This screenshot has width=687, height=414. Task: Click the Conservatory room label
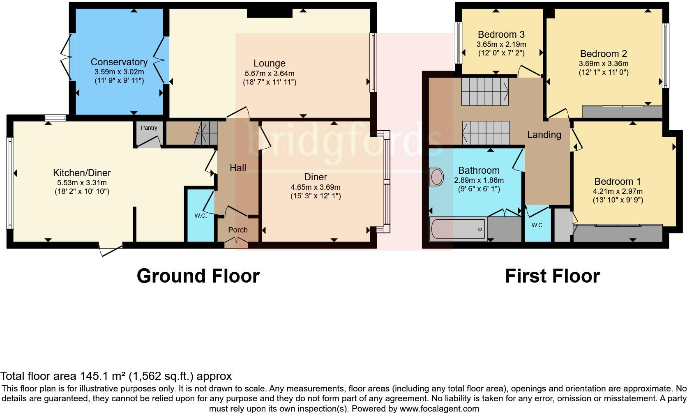point(119,62)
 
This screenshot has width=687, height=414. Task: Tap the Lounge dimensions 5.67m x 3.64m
point(269,73)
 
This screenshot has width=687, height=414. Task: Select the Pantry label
point(149,128)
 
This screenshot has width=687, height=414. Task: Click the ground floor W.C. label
point(201,216)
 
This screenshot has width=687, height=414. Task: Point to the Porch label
point(238,230)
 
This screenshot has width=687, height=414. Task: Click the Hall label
point(238,168)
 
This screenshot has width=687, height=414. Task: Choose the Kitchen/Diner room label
point(82,173)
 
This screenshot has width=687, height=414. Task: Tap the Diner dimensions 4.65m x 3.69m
point(315,187)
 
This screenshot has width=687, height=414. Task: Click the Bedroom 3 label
point(501,34)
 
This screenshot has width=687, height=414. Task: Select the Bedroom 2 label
point(603,54)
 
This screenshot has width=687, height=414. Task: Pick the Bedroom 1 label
point(617,182)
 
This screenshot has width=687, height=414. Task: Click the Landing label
point(544,135)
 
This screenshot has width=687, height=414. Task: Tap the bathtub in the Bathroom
point(457,229)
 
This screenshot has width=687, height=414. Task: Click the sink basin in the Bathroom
point(436,177)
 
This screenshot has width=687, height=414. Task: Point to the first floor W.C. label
point(537,225)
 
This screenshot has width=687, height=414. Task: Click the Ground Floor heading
point(198,276)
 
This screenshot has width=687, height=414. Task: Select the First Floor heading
point(552,276)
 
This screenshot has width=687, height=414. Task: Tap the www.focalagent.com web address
point(439,409)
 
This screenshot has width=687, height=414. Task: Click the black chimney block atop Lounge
point(270,13)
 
